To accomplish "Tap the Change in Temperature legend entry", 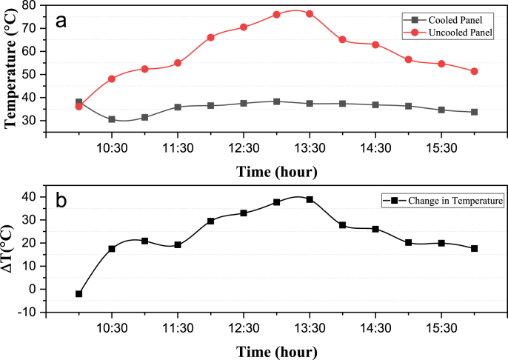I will [452, 200].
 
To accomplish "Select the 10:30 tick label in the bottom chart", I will [111, 326].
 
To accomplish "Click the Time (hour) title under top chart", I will [277, 172].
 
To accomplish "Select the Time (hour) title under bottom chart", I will [277, 349].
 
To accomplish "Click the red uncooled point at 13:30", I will [309, 13].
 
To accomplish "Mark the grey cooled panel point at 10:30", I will [111, 119].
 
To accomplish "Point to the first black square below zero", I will [78, 294].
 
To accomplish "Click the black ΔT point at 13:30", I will [309, 199].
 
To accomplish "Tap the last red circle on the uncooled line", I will [474, 71].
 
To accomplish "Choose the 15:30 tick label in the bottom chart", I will [441, 326].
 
